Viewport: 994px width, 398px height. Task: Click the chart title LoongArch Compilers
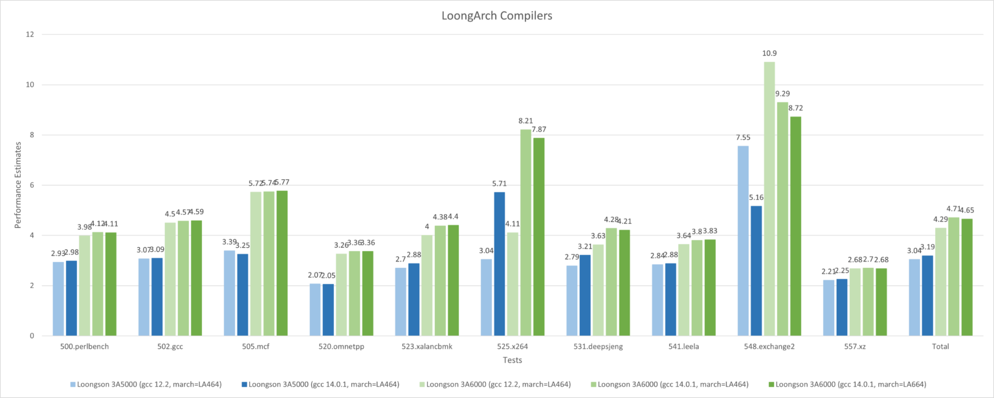point(496,16)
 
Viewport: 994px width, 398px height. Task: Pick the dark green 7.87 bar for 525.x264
point(538,237)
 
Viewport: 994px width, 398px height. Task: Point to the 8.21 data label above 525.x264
point(525,120)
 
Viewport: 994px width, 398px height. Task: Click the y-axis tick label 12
point(29,34)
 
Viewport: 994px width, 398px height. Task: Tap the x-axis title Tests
point(496,360)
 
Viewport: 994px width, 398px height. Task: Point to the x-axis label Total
point(940,347)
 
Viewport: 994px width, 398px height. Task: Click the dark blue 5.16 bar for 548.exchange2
point(756,271)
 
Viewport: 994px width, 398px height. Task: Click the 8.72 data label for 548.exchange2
point(796,108)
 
